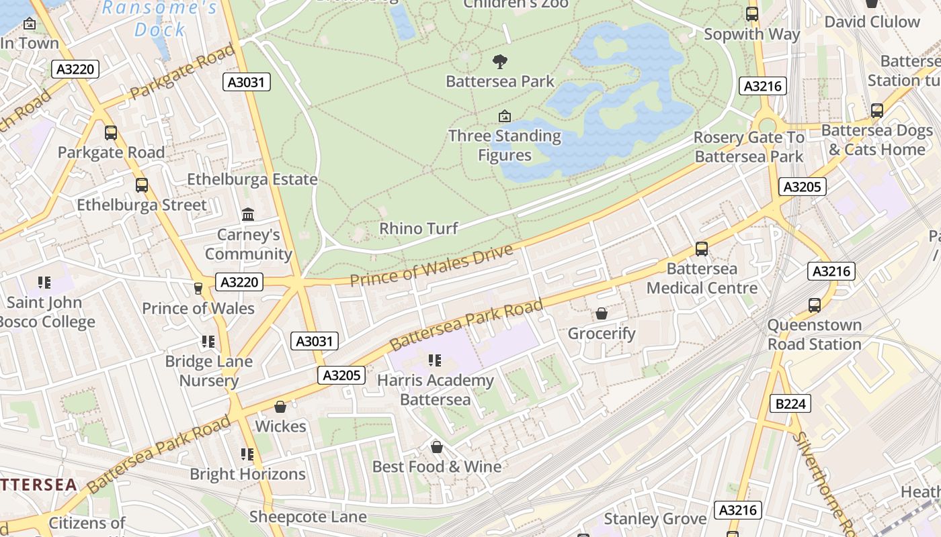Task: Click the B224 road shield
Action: (790, 403)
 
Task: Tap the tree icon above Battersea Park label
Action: (499, 62)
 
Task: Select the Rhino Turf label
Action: (418, 228)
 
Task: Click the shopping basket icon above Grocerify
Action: (601, 313)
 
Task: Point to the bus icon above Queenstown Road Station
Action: (815, 305)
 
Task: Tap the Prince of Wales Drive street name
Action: (431, 266)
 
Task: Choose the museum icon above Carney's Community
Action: (248, 215)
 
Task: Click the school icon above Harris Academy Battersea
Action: (435, 360)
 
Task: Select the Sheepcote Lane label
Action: (308, 517)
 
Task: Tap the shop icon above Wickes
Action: (280, 407)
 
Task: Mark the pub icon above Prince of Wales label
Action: (198, 289)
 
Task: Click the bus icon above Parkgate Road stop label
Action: (111, 133)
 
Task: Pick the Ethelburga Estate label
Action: (252, 179)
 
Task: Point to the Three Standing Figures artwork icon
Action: (504, 116)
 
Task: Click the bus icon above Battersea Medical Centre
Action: (702, 249)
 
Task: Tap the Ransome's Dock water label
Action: (160, 19)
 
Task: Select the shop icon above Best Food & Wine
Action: (437, 446)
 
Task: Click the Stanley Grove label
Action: (655, 519)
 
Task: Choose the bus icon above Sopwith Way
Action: (751, 14)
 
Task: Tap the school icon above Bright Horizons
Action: (247, 454)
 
